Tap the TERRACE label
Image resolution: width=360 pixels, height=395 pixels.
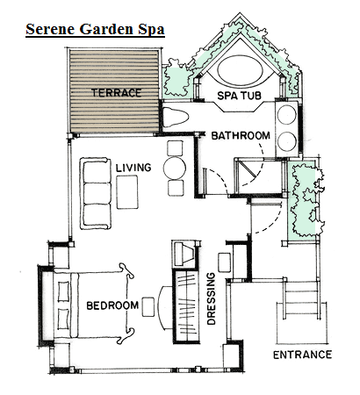(117, 93)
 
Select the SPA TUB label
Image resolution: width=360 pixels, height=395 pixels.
(240, 96)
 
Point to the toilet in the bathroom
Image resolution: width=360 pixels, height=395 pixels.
(175, 117)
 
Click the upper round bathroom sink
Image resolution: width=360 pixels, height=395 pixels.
(287, 115)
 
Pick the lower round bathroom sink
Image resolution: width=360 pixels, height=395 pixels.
(287, 141)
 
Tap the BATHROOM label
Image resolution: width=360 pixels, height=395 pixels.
(241, 136)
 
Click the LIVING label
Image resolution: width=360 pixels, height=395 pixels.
(133, 168)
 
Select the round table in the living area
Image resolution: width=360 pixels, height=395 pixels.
(175, 168)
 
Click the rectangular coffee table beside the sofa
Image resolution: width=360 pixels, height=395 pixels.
(127, 192)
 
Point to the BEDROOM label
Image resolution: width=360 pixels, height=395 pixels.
(112, 305)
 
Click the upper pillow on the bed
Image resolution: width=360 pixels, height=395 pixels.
(63, 291)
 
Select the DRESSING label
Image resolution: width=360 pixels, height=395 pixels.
(211, 298)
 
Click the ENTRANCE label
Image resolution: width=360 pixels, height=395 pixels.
(303, 355)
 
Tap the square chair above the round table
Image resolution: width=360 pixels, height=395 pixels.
(175, 148)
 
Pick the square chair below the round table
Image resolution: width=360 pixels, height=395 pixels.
(176, 188)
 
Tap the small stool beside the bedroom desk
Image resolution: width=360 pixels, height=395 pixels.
(148, 307)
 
